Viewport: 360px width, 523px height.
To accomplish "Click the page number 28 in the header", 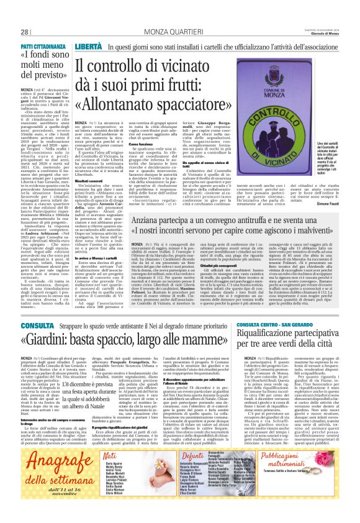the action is tap(25, 32).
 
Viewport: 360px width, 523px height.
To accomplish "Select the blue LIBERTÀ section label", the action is tap(88, 47).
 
